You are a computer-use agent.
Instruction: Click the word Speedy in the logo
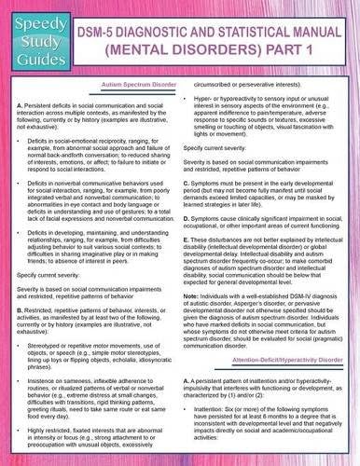coord(32,17)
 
